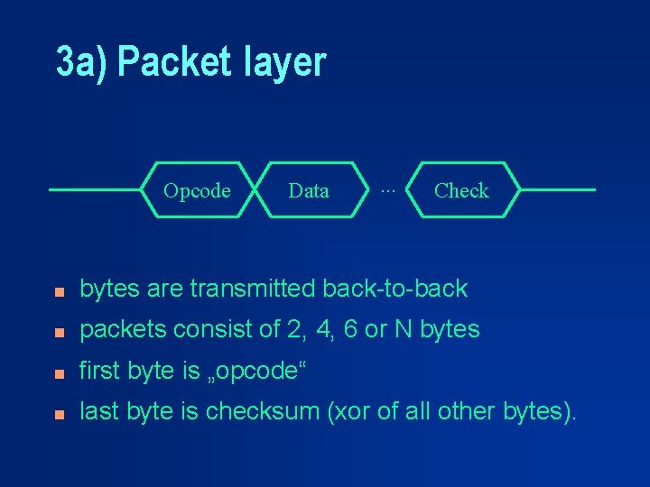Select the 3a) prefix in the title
click(x=80, y=63)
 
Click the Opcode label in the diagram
click(x=197, y=190)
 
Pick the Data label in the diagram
click(x=309, y=190)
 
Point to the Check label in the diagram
click(x=461, y=190)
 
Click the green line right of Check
click(x=560, y=190)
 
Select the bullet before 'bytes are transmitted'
click(x=58, y=291)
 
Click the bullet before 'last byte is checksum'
click(x=58, y=414)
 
